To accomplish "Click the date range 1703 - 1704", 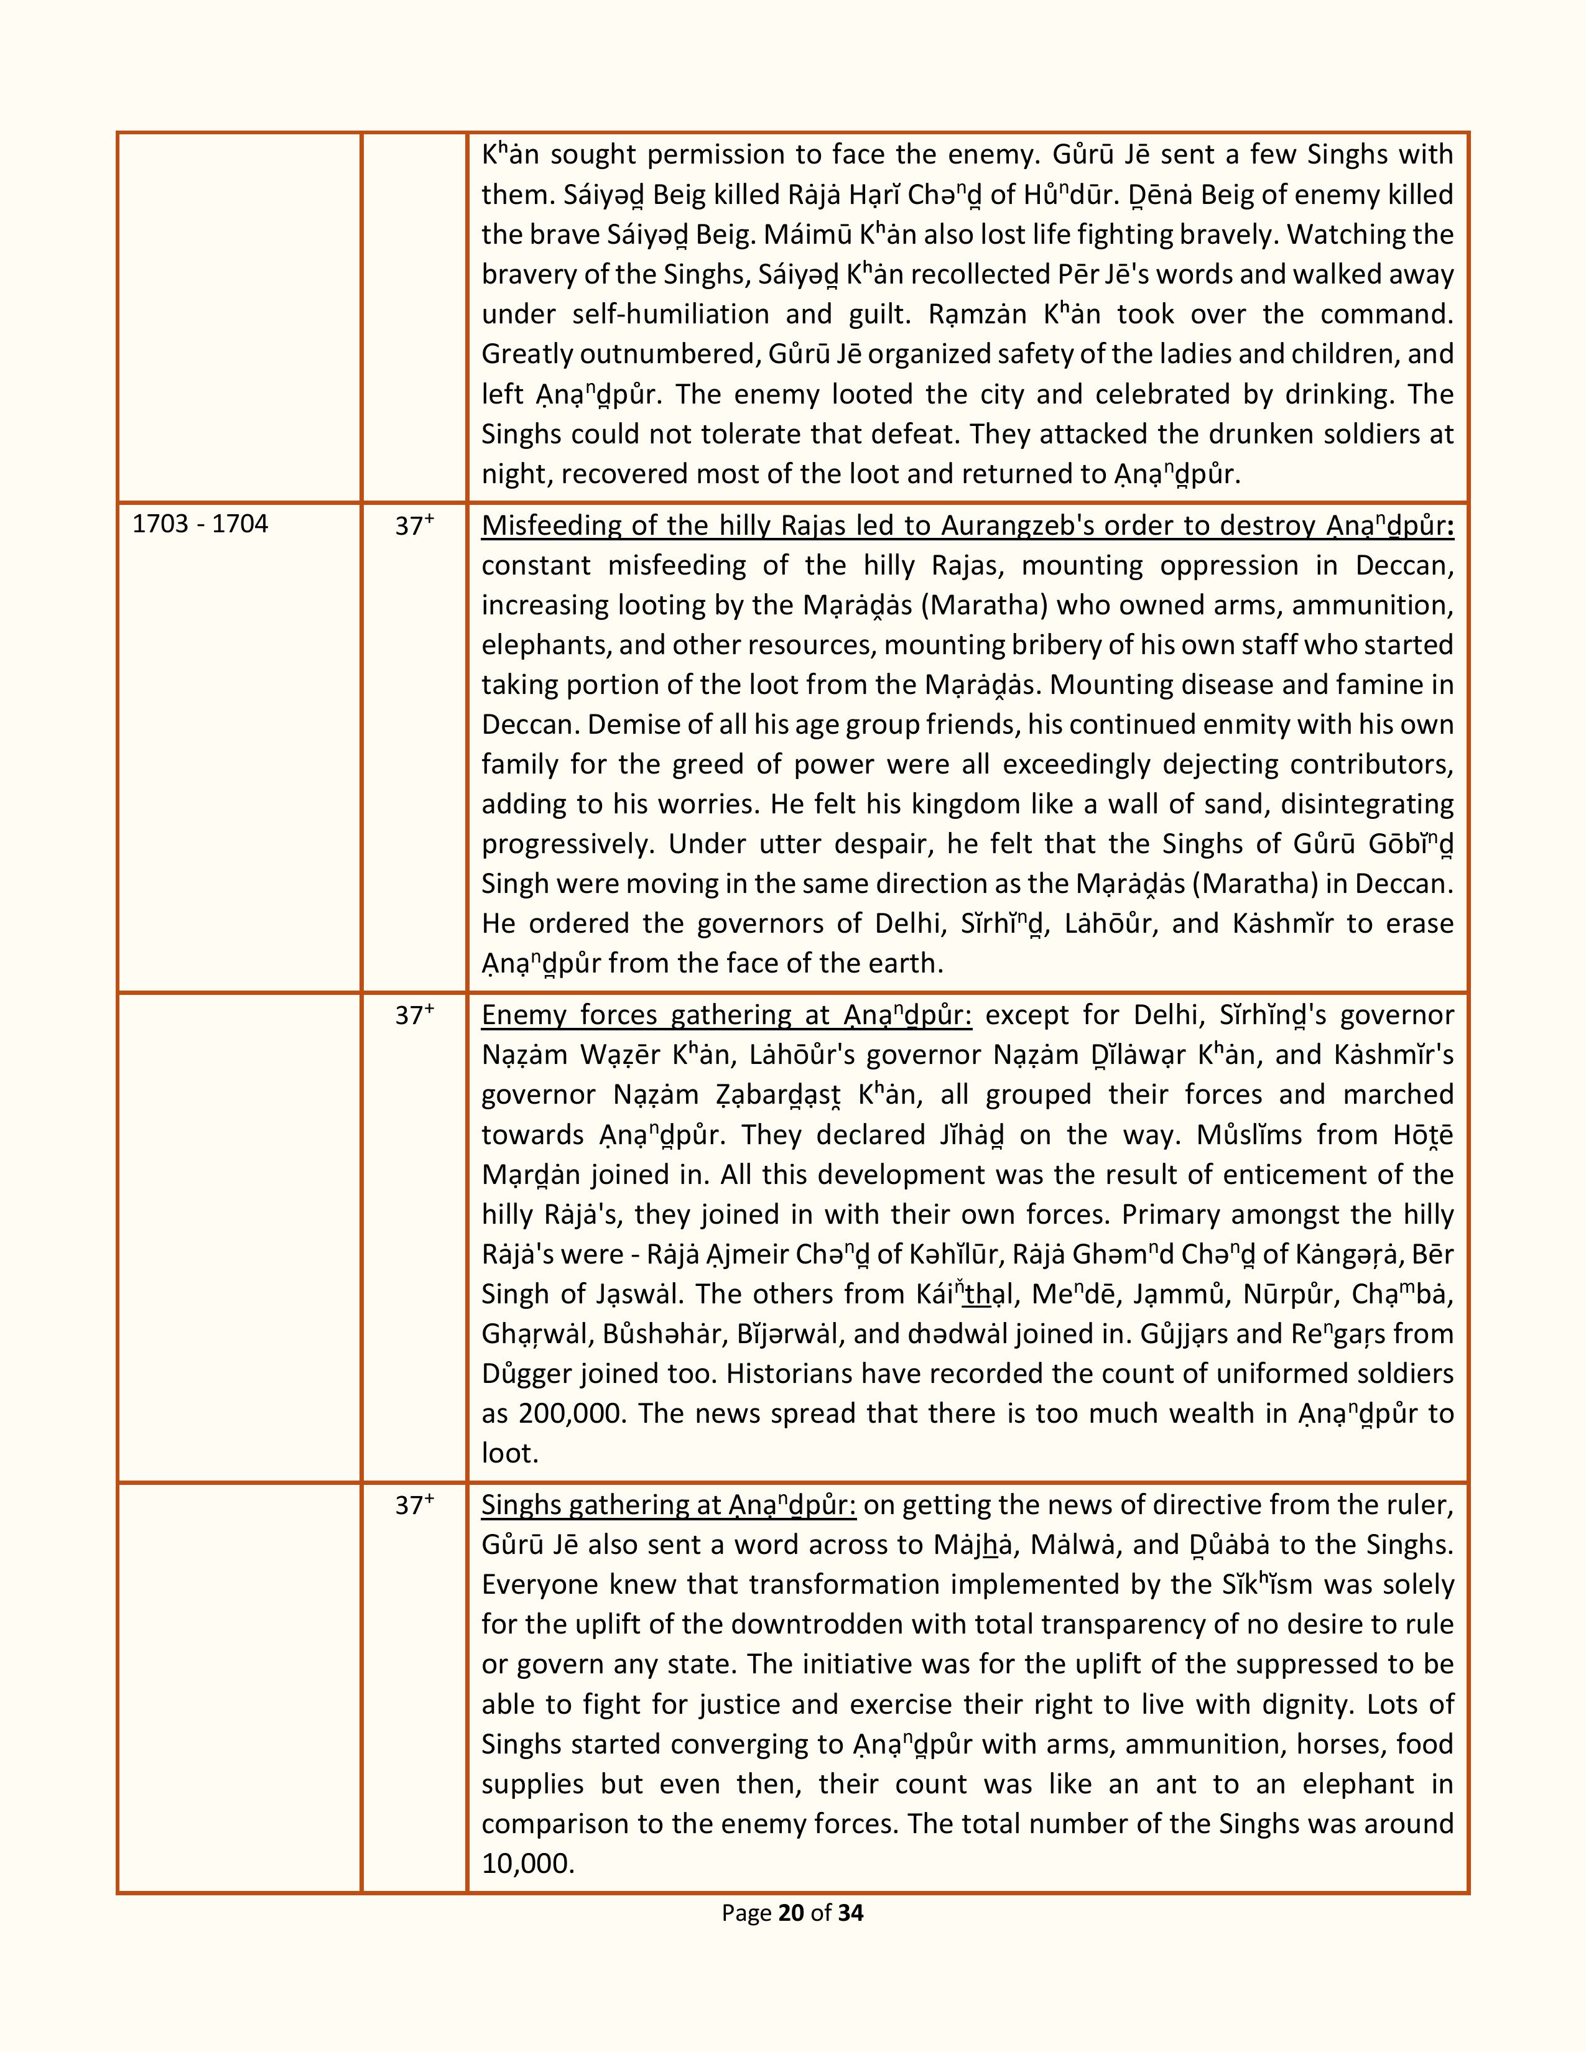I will [x=200, y=524].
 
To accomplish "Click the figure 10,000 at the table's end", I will [x=527, y=1863].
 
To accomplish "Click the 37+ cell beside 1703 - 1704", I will [x=414, y=526].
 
